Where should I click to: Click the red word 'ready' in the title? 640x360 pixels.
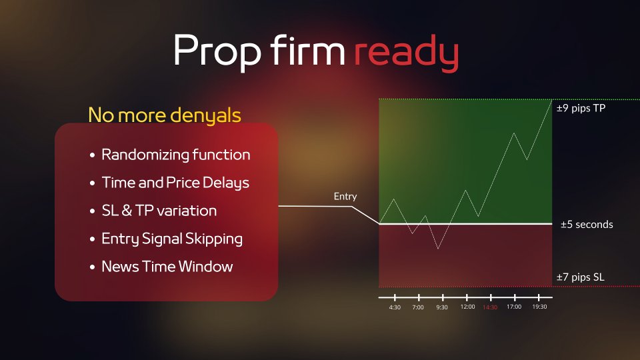tap(406, 53)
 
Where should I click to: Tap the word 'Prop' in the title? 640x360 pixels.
tap(217, 53)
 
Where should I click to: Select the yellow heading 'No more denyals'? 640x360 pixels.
tap(165, 115)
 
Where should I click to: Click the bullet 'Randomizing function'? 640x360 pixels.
tap(175, 155)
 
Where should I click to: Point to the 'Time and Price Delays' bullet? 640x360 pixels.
tap(175, 183)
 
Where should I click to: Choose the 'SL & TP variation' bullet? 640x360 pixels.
tap(159, 211)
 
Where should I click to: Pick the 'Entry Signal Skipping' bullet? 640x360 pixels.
tap(172, 239)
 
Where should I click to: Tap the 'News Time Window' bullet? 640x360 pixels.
tap(167, 267)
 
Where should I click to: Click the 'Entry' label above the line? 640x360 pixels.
tap(345, 196)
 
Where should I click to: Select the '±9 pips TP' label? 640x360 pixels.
tap(581, 108)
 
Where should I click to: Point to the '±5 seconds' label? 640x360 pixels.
tap(587, 225)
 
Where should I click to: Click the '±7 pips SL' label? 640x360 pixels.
tap(580, 277)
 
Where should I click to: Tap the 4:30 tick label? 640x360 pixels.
tap(395, 307)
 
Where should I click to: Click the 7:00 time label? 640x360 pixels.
tap(418, 307)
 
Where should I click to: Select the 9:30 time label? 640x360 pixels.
tap(442, 307)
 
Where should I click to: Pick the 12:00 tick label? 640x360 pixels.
tap(468, 307)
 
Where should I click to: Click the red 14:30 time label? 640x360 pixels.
tap(490, 307)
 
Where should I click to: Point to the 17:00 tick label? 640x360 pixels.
tap(514, 307)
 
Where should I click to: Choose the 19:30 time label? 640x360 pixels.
tap(539, 307)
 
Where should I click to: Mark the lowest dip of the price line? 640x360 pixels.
tap(439, 249)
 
